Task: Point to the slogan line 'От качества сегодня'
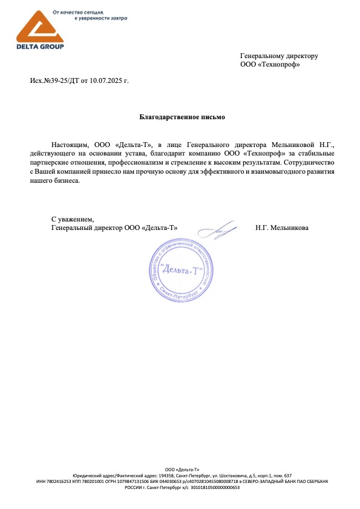(79, 11)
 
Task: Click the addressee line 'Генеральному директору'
(279, 56)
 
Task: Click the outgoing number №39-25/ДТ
(61, 80)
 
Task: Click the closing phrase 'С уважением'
(73, 218)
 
